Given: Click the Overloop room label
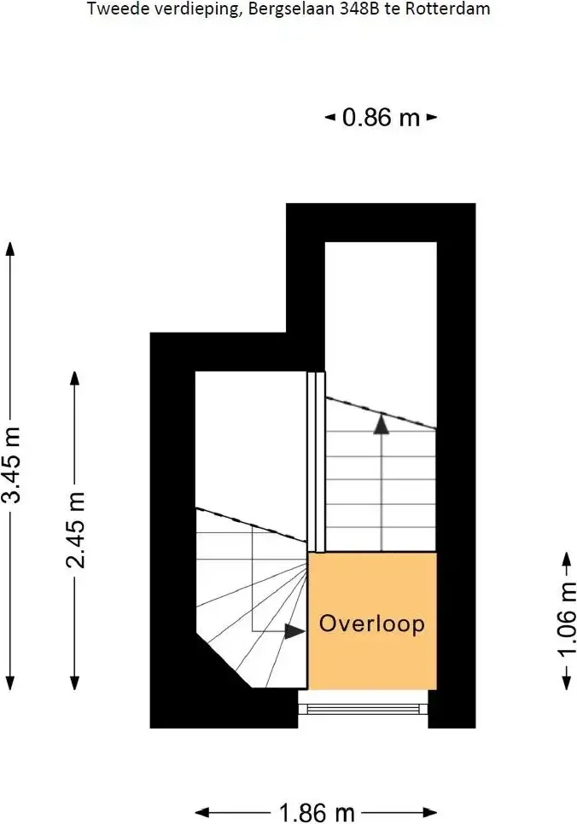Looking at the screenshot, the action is (x=372, y=624).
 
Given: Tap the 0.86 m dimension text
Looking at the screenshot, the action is (x=382, y=117).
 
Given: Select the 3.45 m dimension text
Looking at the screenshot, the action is (x=12, y=465).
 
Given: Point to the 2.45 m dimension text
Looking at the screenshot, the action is (x=75, y=530).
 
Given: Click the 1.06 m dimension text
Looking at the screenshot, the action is (x=567, y=619).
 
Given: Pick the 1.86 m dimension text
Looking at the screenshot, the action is (x=317, y=813).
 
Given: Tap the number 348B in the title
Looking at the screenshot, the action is (x=358, y=9).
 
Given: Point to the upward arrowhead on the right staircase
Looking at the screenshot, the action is (x=382, y=425).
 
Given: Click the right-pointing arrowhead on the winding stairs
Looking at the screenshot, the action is (x=294, y=631).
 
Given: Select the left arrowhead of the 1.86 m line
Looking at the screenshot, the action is (x=203, y=812).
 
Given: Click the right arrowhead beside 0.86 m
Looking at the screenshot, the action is (x=431, y=117).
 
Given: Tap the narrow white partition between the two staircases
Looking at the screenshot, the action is (x=316, y=462).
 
